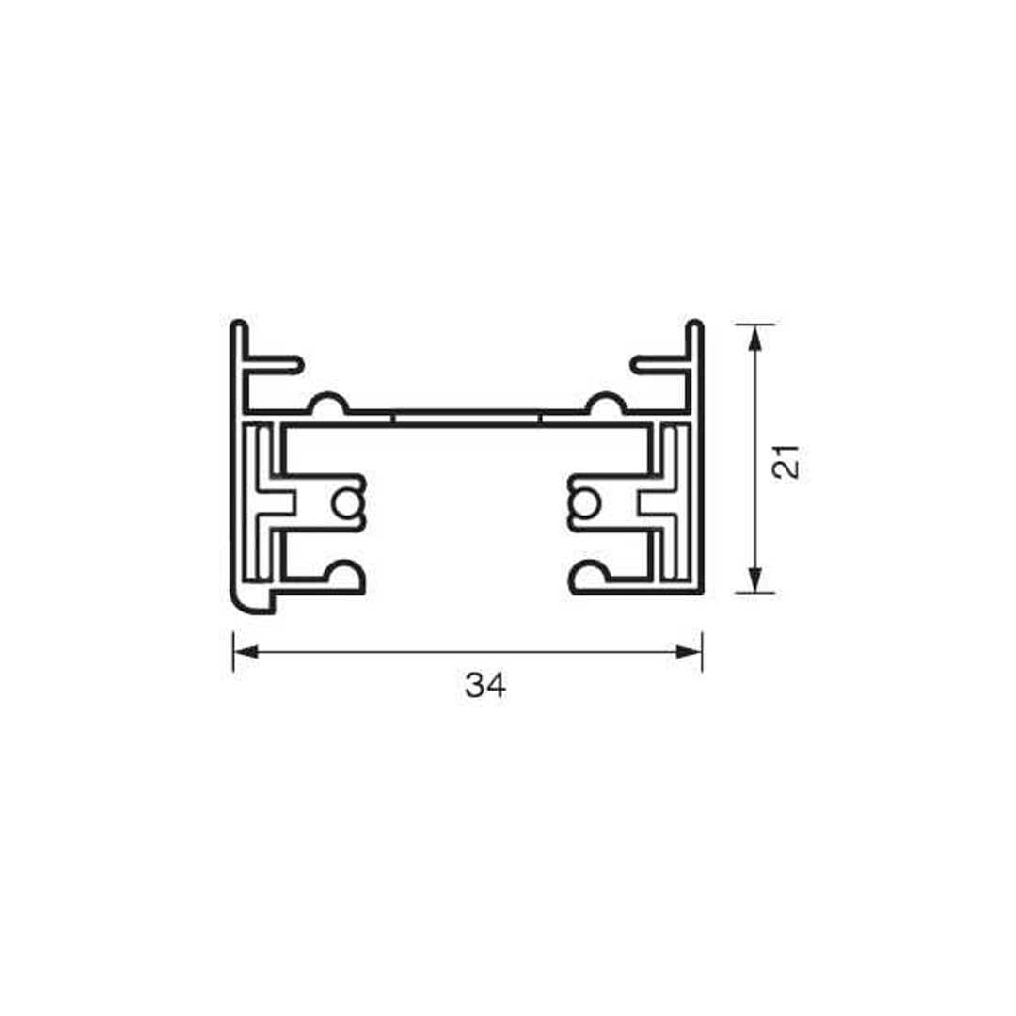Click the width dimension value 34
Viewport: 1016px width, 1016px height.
[485, 685]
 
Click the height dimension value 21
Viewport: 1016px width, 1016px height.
[787, 462]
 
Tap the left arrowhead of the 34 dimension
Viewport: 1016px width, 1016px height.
[246, 651]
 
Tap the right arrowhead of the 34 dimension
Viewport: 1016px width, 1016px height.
[690, 651]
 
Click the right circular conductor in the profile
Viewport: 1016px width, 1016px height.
[584, 504]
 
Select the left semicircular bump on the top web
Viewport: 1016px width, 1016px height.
[328, 403]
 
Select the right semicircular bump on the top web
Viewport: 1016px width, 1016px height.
[606, 403]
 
